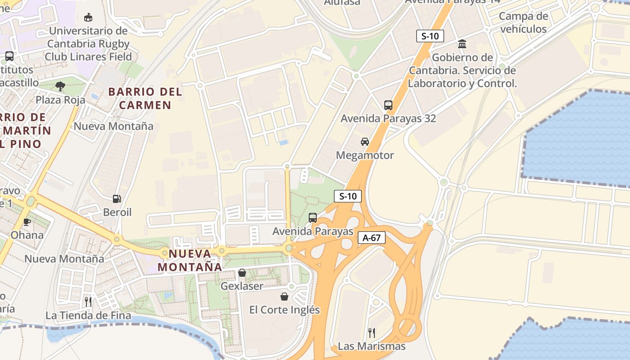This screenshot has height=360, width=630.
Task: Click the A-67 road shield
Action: point(372,238)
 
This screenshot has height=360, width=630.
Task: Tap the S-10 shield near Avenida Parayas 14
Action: point(430,36)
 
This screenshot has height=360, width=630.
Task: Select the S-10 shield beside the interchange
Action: point(348,196)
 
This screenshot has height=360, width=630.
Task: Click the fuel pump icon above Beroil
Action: point(117,198)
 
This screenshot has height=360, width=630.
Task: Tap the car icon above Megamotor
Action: point(365,142)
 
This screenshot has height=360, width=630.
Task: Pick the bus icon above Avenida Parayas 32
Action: point(388,105)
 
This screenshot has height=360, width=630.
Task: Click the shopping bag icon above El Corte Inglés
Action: point(284,297)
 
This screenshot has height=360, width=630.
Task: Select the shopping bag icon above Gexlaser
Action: point(242,273)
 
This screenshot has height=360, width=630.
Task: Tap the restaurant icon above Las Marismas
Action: point(372,333)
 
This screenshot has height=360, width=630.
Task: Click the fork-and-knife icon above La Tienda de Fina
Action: point(88,301)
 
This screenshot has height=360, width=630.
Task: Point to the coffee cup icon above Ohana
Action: point(27,221)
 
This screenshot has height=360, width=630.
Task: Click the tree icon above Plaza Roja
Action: point(60,86)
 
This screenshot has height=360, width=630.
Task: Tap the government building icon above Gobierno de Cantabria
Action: point(462,44)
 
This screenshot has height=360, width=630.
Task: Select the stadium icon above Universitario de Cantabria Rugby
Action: point(88,18)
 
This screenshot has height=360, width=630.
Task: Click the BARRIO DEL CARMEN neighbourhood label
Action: point(145,99)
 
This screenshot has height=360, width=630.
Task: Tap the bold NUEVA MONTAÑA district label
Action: point(189,260)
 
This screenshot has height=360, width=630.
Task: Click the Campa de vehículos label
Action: point(523,22)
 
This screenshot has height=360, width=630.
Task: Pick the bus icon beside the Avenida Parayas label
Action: point(313,218)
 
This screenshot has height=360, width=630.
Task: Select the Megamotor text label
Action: point(365,155)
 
